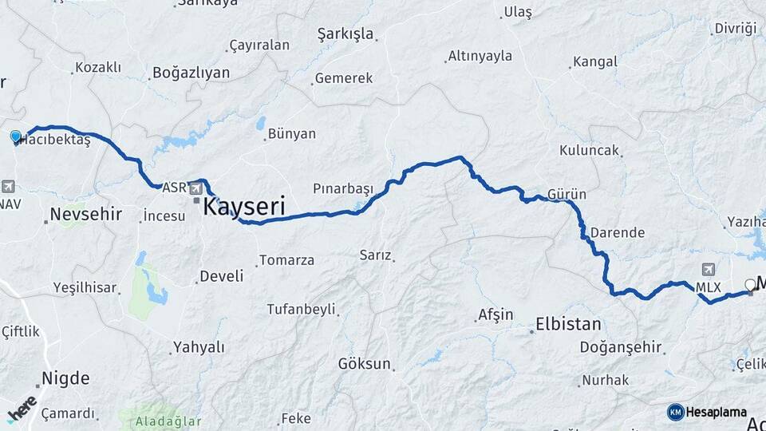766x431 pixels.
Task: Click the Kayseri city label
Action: click(244, 207)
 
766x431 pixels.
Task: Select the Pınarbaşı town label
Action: click(342, 189)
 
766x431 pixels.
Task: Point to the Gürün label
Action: click(567, 195)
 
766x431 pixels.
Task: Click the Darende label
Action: click(617, 233)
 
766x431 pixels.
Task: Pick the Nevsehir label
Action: click(85, 214)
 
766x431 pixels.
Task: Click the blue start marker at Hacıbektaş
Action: click(15, 137)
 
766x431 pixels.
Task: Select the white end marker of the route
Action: click(750, 284)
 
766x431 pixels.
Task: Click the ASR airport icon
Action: click(195, 188)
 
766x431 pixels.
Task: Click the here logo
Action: click(22, 408)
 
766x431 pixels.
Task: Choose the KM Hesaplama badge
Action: click(707, 412)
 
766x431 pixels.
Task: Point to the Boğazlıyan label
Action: click(191, 73)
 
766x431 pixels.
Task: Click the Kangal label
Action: click(595, 61)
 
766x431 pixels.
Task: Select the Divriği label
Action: click(735, 28)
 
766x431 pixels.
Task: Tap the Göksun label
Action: click(365, 364)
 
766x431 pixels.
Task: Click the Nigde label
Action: click(65, 378)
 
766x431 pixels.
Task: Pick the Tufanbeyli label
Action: click(301, 309)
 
